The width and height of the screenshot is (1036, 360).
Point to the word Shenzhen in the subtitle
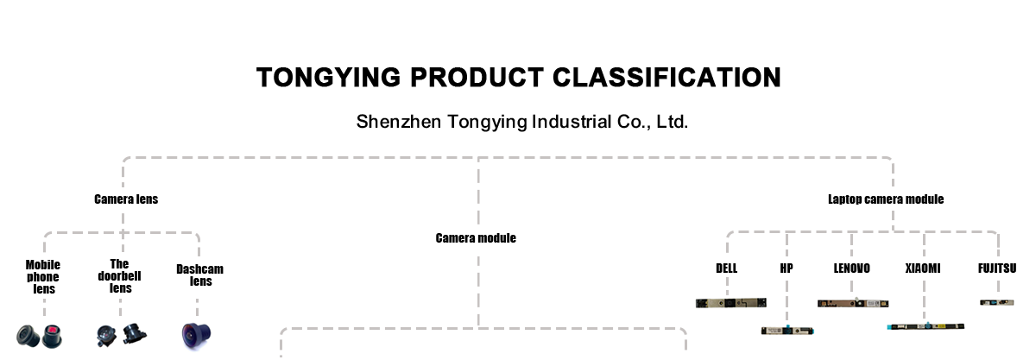pyautogui.click(x=399, y=122)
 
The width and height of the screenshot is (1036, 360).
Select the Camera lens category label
pyautogui.click(x=126, y=199)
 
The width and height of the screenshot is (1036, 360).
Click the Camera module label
pyautogui.click(x=476, y=238)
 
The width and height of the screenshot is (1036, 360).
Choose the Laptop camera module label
pyautogui.click(x=886, y=199)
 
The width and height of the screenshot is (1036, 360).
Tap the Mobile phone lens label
pyautogui.click(x=42, y=277)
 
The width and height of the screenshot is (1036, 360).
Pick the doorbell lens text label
pyautogui.click(x=120, y=275)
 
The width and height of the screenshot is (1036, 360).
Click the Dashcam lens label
pyautogui.click(x=200, y=275)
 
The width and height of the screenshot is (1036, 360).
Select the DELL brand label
pyautogui.click(x=727, y=268)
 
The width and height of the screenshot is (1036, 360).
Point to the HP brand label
pyautogui.click(x=786, y=268)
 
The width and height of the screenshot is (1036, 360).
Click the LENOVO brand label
pyautogui.click(x=851, y=268)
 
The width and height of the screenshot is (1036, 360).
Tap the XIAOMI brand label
pyautogui.click(x=923, y=268)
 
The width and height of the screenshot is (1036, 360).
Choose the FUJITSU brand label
pyautogui.click(x=996, y=268)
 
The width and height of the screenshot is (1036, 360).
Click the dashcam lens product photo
pyautogui.click(x=197, y=334)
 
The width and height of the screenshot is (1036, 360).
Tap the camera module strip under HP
pyautogui.click(x=786, y=330)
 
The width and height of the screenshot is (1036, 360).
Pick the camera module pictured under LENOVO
pyautogui.click(x=853, y=304)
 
